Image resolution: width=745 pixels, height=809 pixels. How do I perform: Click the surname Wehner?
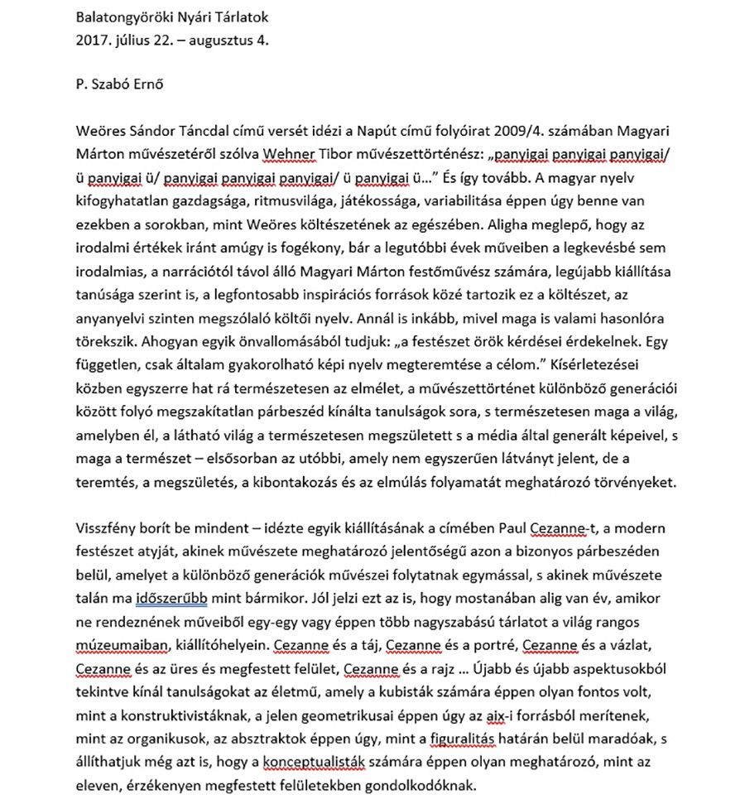(285, 155)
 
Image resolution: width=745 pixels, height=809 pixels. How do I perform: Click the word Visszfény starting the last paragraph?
(106, 528)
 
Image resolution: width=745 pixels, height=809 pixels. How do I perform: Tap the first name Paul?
(495, 528)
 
